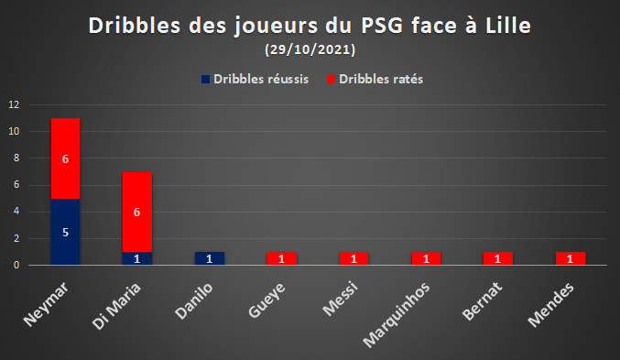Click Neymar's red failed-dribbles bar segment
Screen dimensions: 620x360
pos(65,158)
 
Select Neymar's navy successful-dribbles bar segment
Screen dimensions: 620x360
pos(65,232)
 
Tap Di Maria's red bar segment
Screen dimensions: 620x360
pos(137,212)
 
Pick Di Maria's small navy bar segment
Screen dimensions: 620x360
pos(137,258)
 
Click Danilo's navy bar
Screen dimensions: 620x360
pos(210,258)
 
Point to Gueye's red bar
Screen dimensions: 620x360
pos(282,258)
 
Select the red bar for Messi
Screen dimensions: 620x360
pos(354,258)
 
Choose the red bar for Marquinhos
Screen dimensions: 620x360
pos(426,258)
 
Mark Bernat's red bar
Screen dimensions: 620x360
pos(498,258)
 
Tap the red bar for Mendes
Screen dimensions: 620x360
pos(571,258)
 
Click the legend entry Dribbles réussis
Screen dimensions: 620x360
pos(255,79)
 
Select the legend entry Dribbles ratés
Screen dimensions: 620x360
pos(375,79)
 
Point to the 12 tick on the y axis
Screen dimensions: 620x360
pos(14,104)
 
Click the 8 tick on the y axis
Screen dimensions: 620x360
pos(16,158)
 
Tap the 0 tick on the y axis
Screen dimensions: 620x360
pos(16,265)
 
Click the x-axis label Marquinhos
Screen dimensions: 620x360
pos(397,315)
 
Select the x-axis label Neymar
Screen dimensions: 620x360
pos(46,304)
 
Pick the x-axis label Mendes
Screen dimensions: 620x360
pos(550,305)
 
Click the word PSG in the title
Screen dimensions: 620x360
pos(382,26)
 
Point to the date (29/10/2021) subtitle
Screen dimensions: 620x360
pos(310,49)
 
